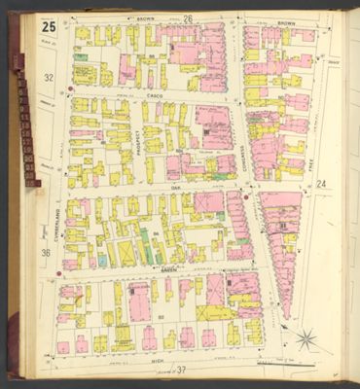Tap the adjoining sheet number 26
click(x=188, y=18)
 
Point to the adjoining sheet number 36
click(x=46, y=254)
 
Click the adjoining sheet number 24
click(x=320, y=182)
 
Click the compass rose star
click(x=306, y=339)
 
